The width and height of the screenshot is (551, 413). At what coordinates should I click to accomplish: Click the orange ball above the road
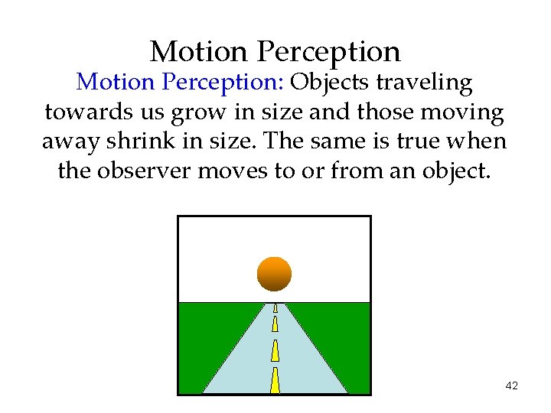tap(274, 274)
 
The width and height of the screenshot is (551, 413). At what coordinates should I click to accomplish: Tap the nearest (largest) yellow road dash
tap(275, 380)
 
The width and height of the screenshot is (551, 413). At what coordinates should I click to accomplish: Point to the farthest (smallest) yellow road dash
tap(275, 308)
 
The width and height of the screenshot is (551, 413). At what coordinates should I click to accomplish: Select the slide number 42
tap(512, 385)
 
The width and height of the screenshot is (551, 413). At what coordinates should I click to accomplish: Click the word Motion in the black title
tap(199, 52)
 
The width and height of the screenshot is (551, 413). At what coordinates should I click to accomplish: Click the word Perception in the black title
tap(329, 52)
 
